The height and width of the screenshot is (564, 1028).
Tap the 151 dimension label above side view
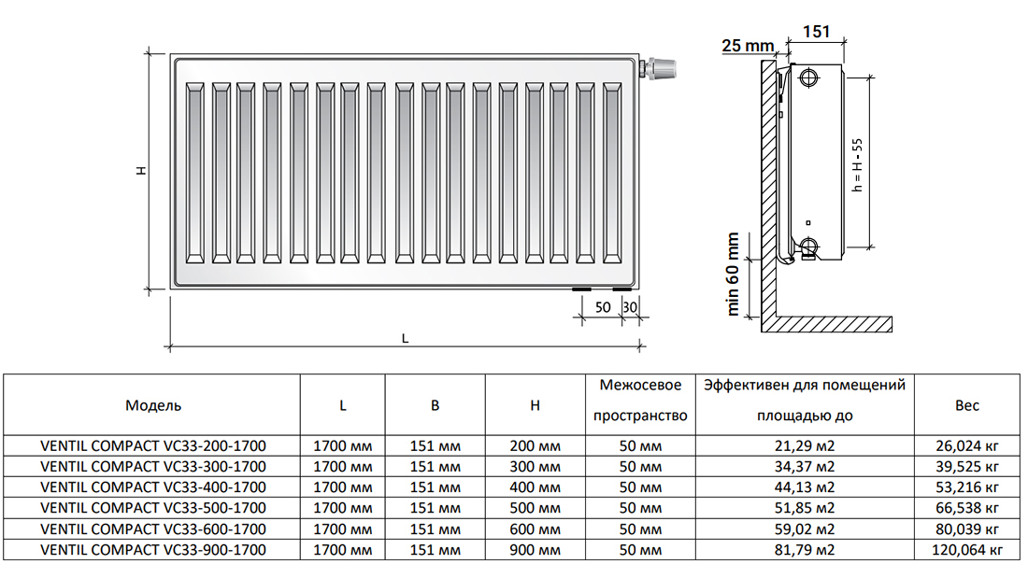pyautogui.click(x=816, y=31)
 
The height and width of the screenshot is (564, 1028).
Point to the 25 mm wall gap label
pyautogui.click(x=748, y=45)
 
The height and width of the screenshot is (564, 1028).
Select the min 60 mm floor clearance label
pyautogui.click(x=733, y=274)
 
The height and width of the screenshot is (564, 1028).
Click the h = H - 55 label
pyautogui.click(x=858, y=164)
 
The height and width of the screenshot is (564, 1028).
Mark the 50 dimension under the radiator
pyautogui.click(x=603, y=306)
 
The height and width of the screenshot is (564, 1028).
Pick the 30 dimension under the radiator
pyautogui.click(x=629, y=306)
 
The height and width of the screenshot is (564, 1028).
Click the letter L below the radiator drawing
pyautogui.click(x=406, y=339)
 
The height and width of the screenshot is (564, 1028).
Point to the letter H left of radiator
pyautogui.click(x=141, y=170)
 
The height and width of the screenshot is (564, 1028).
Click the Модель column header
pyautogui.click(x=152, y=405)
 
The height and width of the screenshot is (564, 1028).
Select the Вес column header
pyautogui.click(x=967, y=405)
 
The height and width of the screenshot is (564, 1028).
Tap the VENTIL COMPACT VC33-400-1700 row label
pyautogui.click(x=153, y=487)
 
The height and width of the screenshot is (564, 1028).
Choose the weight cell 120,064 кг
pyautogui.click(x=967, y=550)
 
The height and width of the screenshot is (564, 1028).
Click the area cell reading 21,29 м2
pyautogui.click(x=804, y=446)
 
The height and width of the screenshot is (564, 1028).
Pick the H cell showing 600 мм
pyautogui.click(x=535, y=529)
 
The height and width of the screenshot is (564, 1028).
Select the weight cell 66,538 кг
pyautogui.click(x=967, y=508)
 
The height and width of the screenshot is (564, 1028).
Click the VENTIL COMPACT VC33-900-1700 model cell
pyautogui.click(x=153, y=550)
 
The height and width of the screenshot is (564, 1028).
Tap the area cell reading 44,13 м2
pyautogui.click(x=804, y=487)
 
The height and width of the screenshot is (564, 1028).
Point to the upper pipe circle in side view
pyautogui.click(x=809, y=78)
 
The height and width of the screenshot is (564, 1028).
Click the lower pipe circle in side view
pyautogui.click(x=809, y=247)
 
